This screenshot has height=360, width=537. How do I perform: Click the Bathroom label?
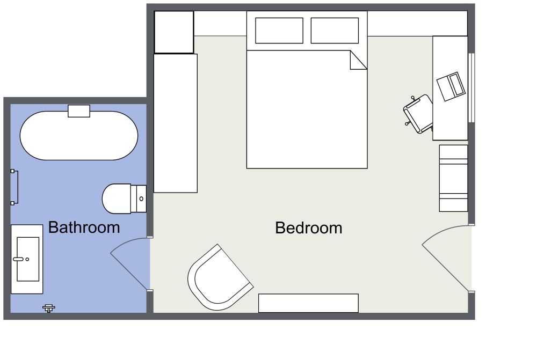pyautogui.click(x=84, y=227)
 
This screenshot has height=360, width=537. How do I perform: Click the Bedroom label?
pyautogui.click(x=308, y=228)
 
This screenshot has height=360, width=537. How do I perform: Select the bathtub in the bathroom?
pyautogui.click(x=79, y=135)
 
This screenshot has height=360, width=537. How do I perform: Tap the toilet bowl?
pyautogui.click(x=117, y=199)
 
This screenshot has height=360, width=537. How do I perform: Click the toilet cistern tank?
pyautogui.click(x=140, y=199)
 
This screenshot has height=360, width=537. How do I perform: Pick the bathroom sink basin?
pyautogui.click(x=28, y=259)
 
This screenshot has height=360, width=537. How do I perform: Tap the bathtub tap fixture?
pyautogui.click(x=79, y=111)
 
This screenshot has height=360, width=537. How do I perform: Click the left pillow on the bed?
pyautogui.click(x=279, y=31)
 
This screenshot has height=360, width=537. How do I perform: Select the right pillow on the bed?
pyautogui.click(x=335, y=31)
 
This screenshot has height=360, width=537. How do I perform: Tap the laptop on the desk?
pyautogui.click(x=451, y=86)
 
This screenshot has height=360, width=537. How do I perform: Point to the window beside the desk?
pyautogui.click(x=471, y=87)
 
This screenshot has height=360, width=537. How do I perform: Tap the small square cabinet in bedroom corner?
pyautogui.click(x=174, y=32)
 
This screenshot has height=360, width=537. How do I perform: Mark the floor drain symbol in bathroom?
pyautogui.click(x=49, y=308)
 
